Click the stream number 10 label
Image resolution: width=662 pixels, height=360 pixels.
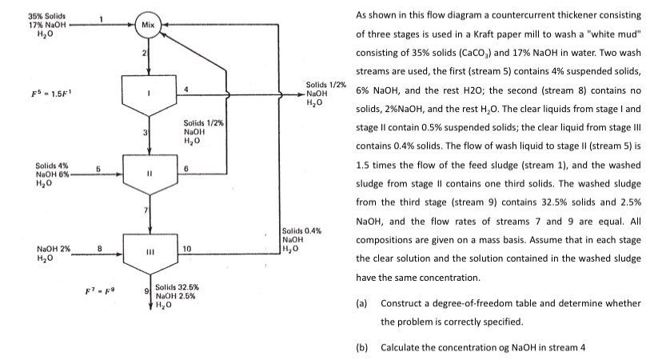[188, 249]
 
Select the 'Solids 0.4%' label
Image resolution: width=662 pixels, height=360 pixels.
[303, 230]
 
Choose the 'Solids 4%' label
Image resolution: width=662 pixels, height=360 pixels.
[46, 164]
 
